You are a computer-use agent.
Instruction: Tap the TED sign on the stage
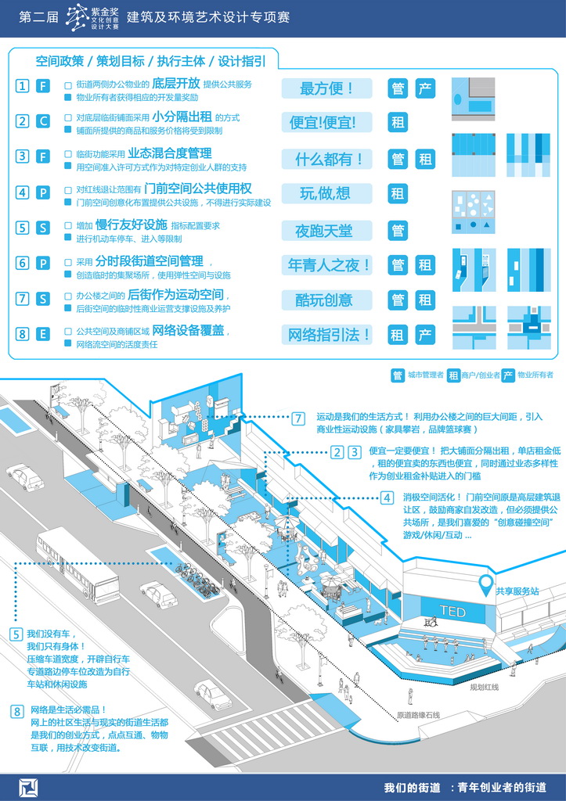pyautogui.click(x=452, y=611)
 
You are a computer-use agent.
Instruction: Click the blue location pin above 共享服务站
pyautogui.click(x=488, y=584)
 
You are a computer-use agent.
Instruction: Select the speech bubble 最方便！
pyautogui.click(x=326, y=88)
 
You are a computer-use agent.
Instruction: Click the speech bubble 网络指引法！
pyautogui.click(x=328, y=336)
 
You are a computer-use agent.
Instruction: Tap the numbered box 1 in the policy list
pyautogui.click(x=23, y=86)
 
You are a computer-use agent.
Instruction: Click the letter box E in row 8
pyautogui.click(x=43, y=334)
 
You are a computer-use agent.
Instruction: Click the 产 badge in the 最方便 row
pyautogui.click(x=424, y=88)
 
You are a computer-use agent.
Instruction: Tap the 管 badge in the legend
pyautogui.click(x=398, y=375)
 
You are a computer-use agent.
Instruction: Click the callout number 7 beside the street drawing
pyautogui.click(x=298, y=418)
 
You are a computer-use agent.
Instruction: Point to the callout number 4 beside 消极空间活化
pyautogui.click(x=387, y=497)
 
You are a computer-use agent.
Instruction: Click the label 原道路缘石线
pyautogui.click(x=419, y=715)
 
